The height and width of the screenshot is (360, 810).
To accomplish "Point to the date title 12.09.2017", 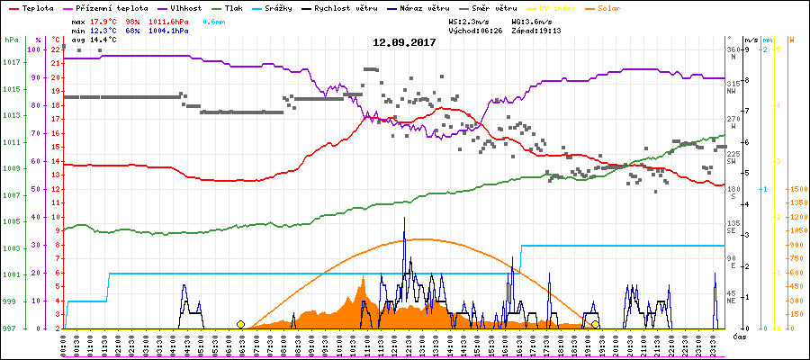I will coord(405,42).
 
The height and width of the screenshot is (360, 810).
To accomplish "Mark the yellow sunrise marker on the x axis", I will coord(240,324).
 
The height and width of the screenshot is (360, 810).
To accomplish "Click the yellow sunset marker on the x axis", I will coord(595,324).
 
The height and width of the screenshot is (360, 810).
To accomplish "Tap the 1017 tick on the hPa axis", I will coord(12,62).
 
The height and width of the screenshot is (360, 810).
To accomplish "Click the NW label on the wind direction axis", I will coord(734,91).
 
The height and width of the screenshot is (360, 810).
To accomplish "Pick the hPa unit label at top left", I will coord(11,40).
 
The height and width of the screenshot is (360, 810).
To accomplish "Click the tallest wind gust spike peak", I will coord(404,219).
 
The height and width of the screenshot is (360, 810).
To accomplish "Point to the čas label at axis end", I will coord(738,336).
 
